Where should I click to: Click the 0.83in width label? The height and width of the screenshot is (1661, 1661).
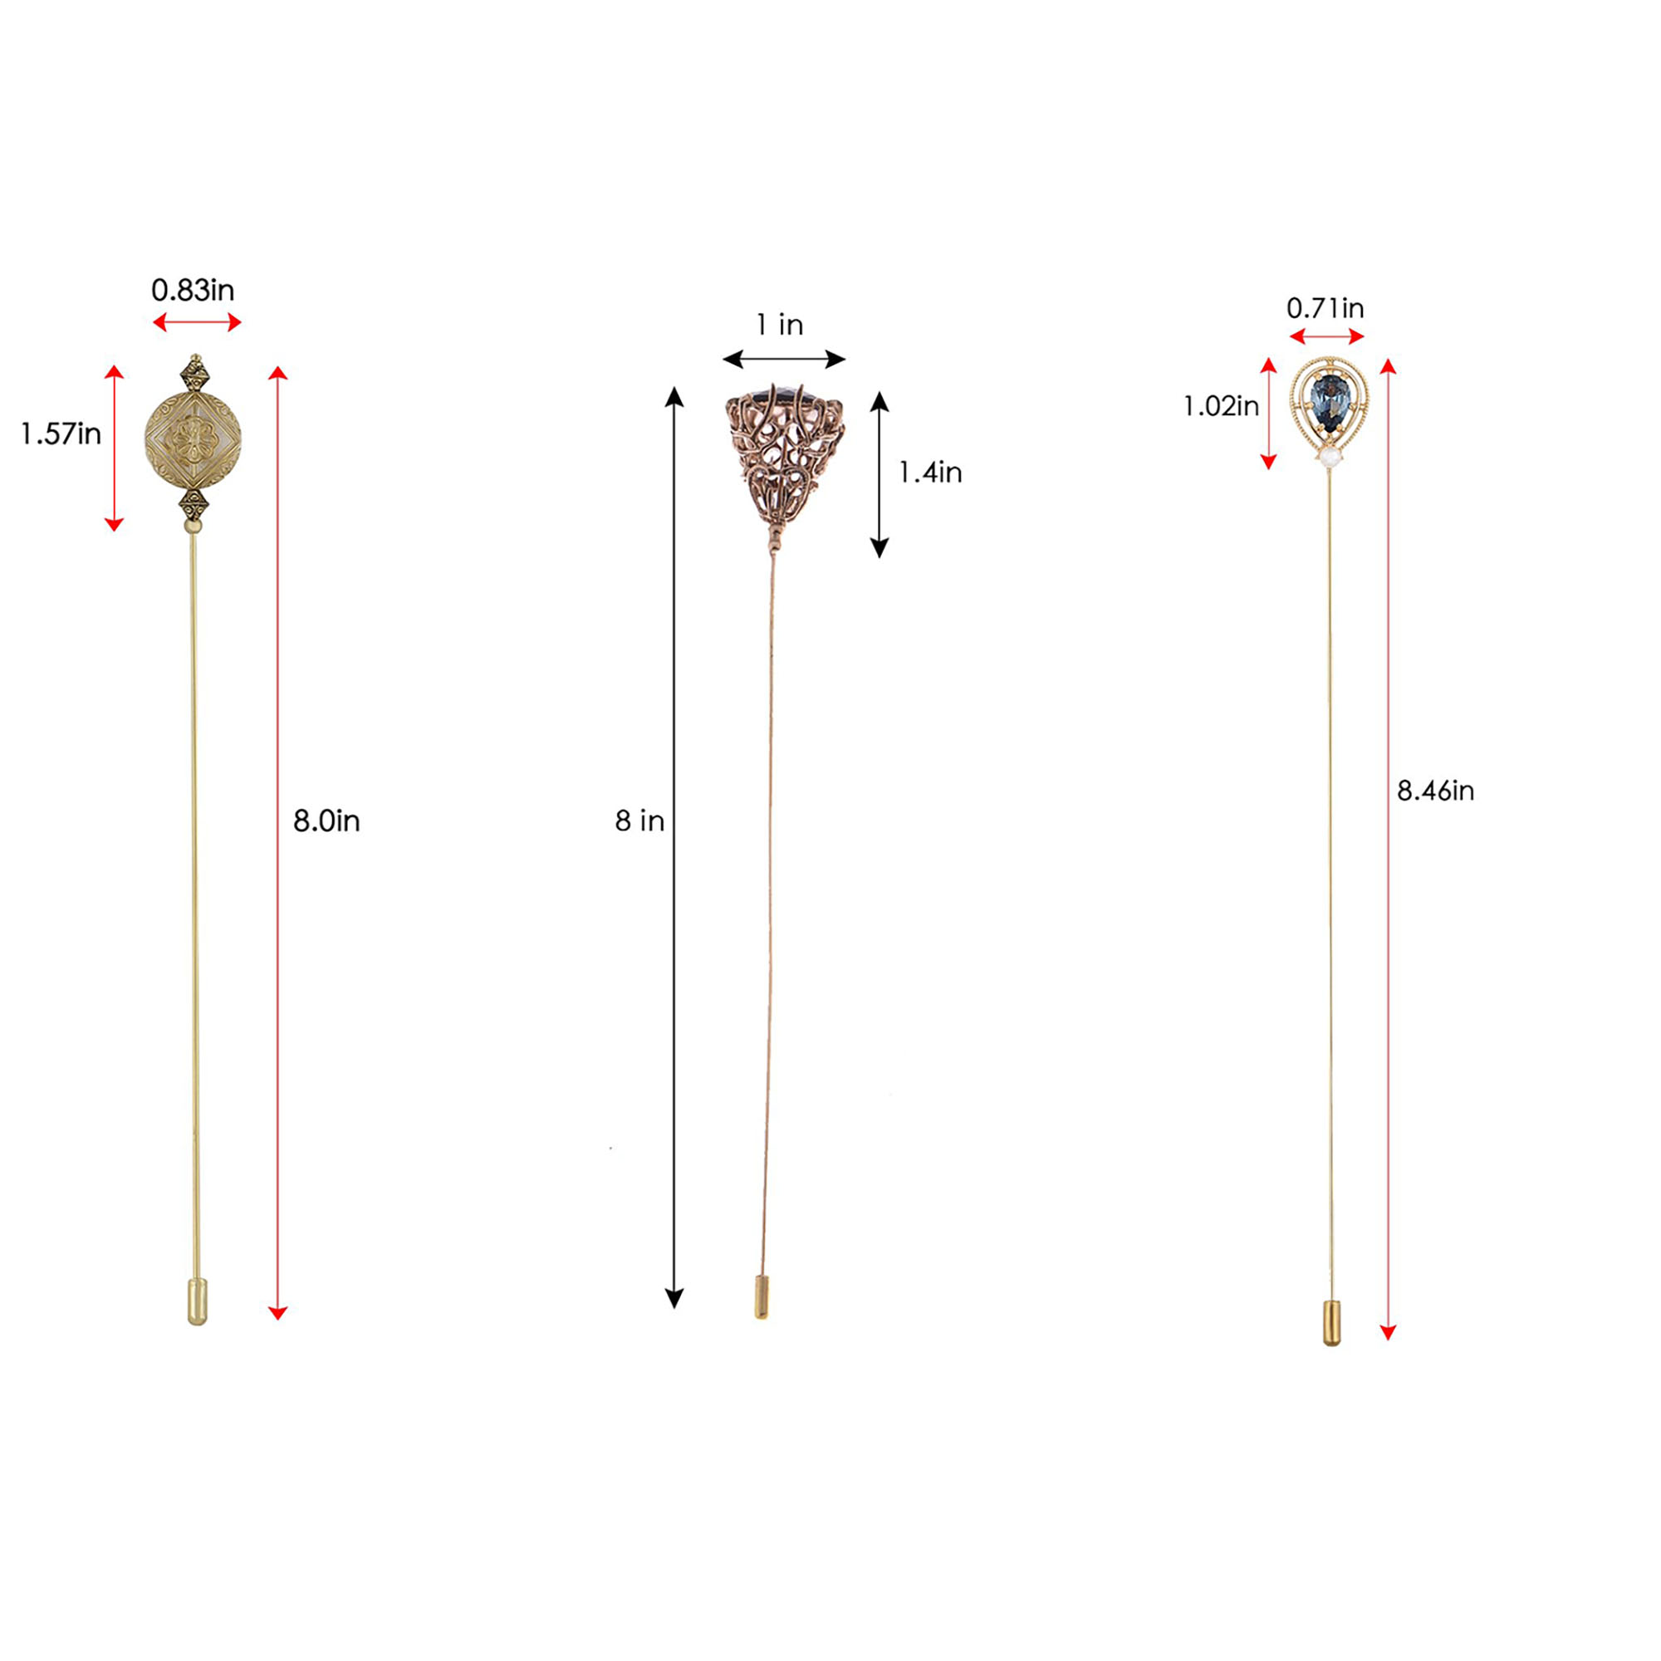[193, 291]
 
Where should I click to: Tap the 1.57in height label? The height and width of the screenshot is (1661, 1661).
[61, 434]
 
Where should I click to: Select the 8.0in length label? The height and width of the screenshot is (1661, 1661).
[326, 821]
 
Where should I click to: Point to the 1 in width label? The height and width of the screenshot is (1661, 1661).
[780, 325]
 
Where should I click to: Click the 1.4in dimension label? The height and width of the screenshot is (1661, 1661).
[930, 472]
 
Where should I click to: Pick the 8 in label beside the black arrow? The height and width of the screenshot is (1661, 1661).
[639, 821]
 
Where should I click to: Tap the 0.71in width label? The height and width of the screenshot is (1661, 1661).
[1325, 308]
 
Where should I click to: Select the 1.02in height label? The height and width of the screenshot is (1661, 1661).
[1221, 406]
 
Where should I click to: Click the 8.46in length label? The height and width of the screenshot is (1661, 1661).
[1435, 790]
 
